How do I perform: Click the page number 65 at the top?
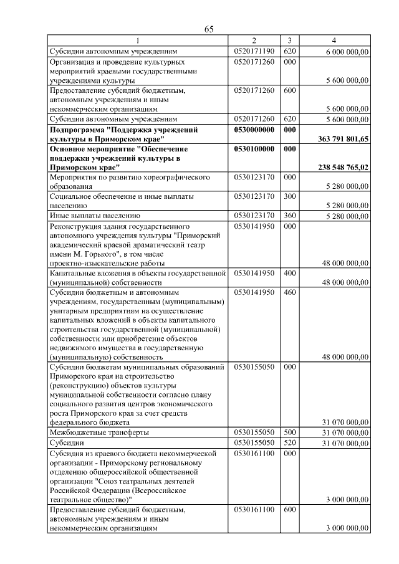(209, 30)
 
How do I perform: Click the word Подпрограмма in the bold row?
(77, 130)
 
